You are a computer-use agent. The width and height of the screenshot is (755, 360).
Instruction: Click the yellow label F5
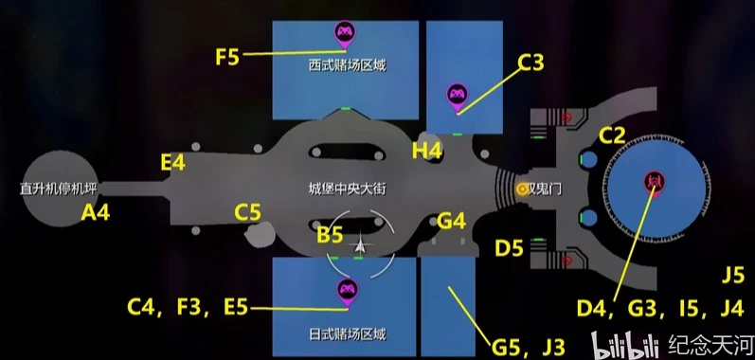pyautogui.click(x=227, y=57)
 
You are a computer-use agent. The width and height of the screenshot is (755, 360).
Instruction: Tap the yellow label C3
pyautogui.click(x=530, y=63)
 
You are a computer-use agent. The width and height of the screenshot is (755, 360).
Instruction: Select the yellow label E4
pyautogui.click(x=172, y=163)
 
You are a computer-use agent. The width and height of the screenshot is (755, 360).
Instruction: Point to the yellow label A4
pyautogui.click(x=96, y=212)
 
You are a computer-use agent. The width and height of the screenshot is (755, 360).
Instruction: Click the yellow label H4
pyautogui.click(x=427, y=152)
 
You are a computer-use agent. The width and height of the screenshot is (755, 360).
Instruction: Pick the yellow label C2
pyautogui.click(x=612, y=135)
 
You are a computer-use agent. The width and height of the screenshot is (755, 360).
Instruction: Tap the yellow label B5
pyautogui.click(x=330, y=235)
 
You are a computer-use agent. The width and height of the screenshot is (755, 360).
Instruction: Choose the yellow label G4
pyautogui.click(x=452, y=222)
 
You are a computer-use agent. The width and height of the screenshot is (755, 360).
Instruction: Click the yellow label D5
pyautogui.click(x=509, y=248)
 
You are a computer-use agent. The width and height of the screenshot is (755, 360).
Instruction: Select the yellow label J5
pyautogui.click(x=733, y=277)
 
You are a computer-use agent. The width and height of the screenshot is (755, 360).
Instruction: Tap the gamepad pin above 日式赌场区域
pyautogui.click(x=347, y=293)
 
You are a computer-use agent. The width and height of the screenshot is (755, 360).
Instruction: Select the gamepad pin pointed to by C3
pyautogui.click(x=457, y=98)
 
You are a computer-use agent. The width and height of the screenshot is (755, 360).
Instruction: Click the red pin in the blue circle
pyautogui.click(x=655, y=183)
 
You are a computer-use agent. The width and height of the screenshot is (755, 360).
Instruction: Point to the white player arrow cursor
pyautogui.click(x=360, y=245)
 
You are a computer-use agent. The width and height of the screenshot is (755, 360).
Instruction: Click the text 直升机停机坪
pyautogui.click(x=59, y=189)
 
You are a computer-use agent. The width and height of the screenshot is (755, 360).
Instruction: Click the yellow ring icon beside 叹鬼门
pyautogui.click(x=522, y=189)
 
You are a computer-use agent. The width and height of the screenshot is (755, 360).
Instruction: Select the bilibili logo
pyautogui.click(x=625, y=345)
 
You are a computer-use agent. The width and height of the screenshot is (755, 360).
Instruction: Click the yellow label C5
pyautogui.click(x=247, y=212)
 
